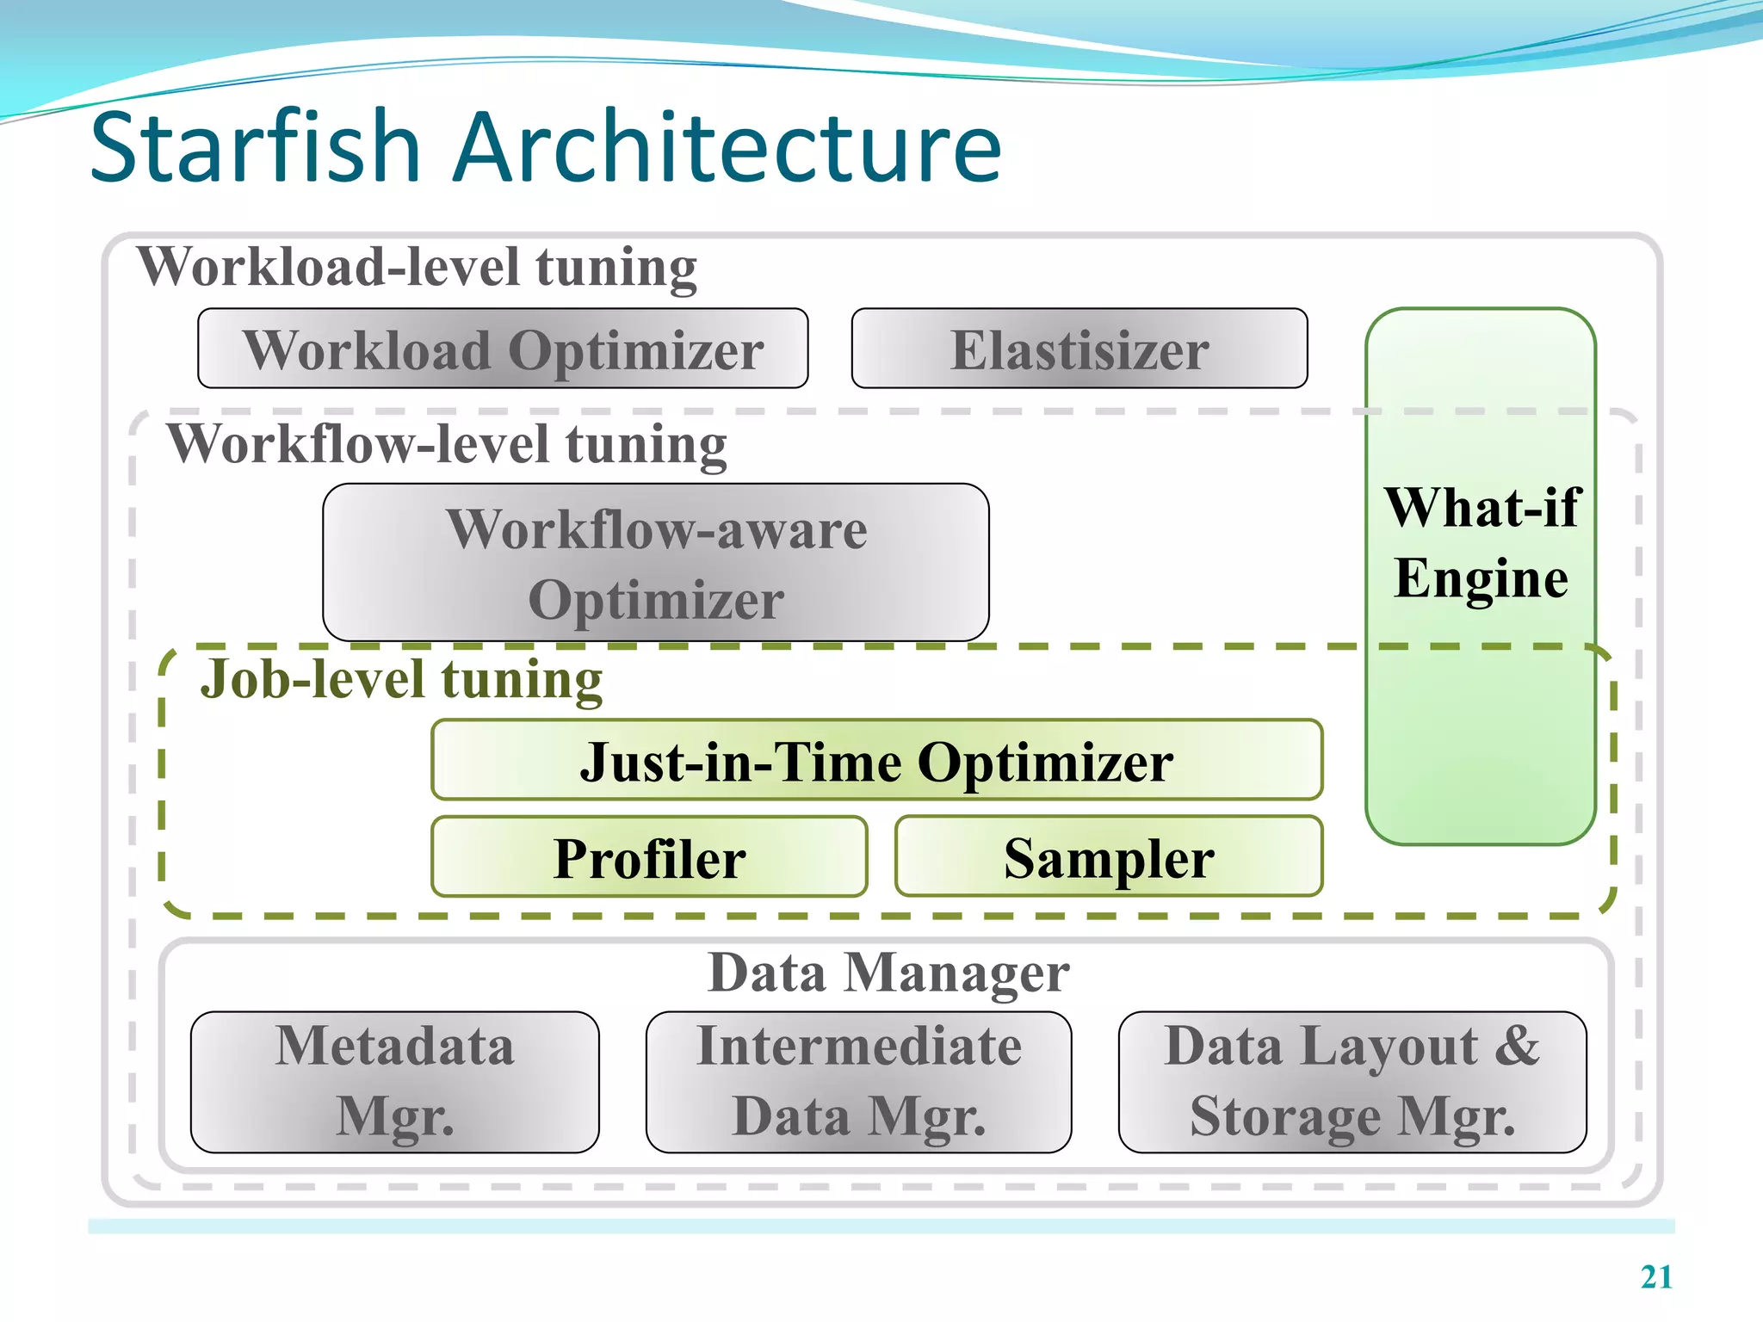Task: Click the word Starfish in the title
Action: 255,148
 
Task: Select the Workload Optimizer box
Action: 503,349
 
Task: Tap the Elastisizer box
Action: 1079,349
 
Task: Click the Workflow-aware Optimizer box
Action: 655,563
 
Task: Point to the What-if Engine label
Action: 1481,542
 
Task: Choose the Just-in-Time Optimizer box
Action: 876,761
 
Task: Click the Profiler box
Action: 649,857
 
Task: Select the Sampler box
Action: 1108,857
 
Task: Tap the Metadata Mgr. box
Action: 394,1082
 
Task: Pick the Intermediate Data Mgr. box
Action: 858,1082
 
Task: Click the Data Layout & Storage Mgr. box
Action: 1352,1082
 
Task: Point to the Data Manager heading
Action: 888,973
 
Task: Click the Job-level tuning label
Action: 401,680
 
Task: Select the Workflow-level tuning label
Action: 447,444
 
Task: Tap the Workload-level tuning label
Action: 417,267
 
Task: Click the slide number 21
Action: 1655,1277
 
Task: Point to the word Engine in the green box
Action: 1481,578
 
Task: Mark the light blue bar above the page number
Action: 881,1226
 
